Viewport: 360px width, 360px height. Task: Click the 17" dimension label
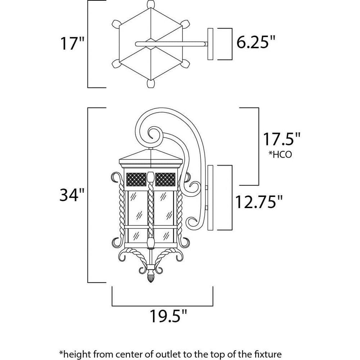[72, 44]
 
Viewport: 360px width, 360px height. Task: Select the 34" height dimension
[72, 195]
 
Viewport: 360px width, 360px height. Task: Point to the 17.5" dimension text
[281, 139]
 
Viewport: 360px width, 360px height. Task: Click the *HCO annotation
[280, 154]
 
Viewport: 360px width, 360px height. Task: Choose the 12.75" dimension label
[258, 202]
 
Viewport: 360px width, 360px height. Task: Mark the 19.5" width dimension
[168, 316]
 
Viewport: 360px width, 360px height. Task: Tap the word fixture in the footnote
[269, 354]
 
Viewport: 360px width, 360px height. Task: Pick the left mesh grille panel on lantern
[136, 179]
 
